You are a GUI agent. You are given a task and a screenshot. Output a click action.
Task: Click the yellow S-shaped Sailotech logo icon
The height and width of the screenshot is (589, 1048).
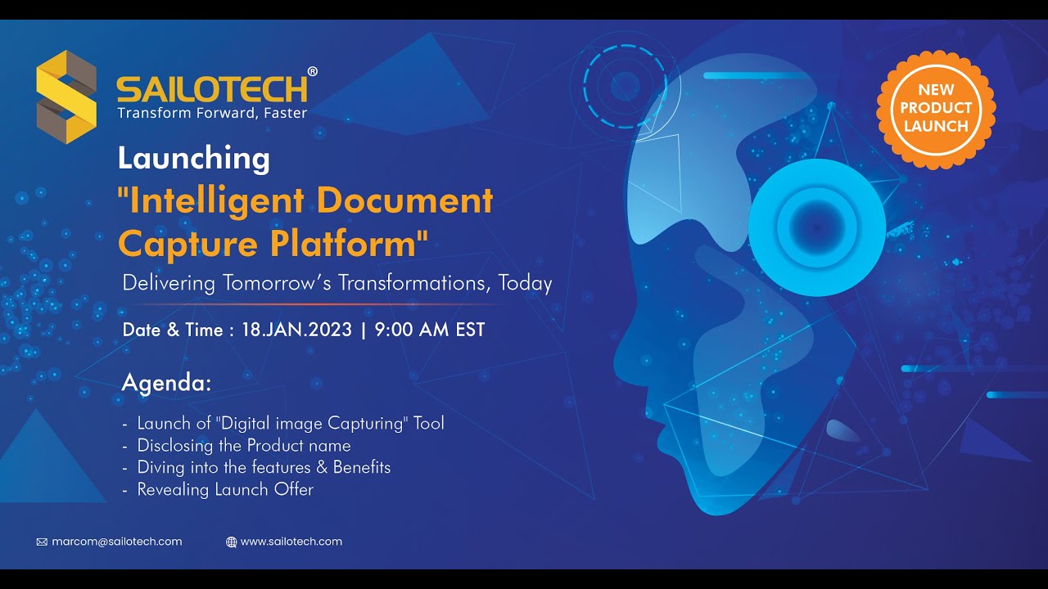coord(66,97)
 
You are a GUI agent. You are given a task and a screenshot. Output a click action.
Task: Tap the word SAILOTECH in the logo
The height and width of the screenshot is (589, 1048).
coord(212,88)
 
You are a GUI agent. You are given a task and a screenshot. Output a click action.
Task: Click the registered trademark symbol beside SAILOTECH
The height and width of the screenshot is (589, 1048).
coord(313,72)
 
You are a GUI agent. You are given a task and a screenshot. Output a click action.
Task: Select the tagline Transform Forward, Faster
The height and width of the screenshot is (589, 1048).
coord(212,113)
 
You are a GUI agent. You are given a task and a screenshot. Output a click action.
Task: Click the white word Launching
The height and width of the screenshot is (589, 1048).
coord(193,158)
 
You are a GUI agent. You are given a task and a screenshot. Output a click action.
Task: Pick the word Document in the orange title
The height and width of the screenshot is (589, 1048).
coord(404,200)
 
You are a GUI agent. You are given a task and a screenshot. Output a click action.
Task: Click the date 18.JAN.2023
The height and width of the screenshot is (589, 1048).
coord(297,330)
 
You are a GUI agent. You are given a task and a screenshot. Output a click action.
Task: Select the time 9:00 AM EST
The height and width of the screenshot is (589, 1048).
coord(430,330)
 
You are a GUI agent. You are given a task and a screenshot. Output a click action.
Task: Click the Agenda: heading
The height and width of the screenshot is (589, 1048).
coord(166,383)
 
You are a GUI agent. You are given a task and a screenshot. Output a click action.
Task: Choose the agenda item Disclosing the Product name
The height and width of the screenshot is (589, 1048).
coord(244,446)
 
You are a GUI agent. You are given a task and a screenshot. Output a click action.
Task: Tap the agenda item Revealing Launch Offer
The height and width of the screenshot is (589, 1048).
coord(225,490)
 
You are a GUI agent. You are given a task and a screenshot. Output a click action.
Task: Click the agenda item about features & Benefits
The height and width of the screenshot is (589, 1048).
coord(264,468)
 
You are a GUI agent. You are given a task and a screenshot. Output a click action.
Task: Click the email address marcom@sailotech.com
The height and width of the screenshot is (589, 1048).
coord(117,542)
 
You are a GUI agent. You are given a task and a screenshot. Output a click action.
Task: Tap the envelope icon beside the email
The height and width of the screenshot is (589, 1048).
coord(42,542)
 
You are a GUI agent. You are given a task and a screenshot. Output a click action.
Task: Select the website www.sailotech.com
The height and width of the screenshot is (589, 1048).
coord(291,542)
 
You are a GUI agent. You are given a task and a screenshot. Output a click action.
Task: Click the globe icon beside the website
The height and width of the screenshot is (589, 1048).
coord(231,542)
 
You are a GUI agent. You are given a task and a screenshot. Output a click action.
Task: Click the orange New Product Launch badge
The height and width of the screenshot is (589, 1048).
coord(936,109)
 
